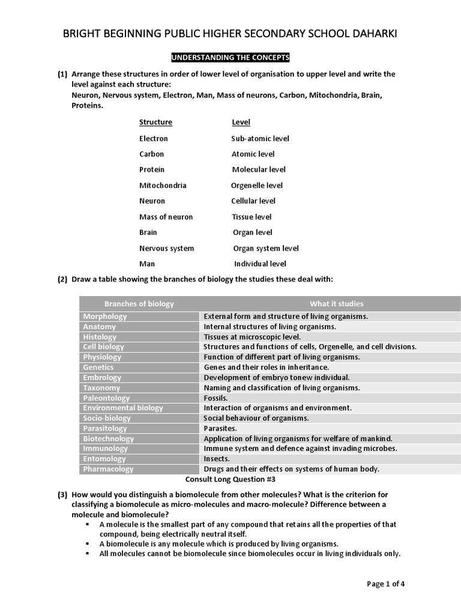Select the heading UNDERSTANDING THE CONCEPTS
[x=230, y=58]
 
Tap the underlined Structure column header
[x=155, y=123]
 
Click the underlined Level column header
[x=241, y=123]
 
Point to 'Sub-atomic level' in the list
[x=260, y=139]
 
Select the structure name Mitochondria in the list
[x=163, y=186]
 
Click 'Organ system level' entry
[x=265, y=248]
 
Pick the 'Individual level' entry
[x=260, y=264]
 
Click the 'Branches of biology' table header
[x=139, y=304]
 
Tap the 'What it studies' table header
[x=336, y=304]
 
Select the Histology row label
[x=100, y=337]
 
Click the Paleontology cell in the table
[x=106, y=398]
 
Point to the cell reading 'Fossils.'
[x=216, y=398]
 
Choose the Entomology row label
[x=105, y=459]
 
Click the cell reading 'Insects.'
[x=217, y=459]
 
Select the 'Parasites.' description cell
[x=220, y=428]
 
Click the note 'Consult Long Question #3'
[x=231, y=480]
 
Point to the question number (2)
[x=62, y=280]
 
